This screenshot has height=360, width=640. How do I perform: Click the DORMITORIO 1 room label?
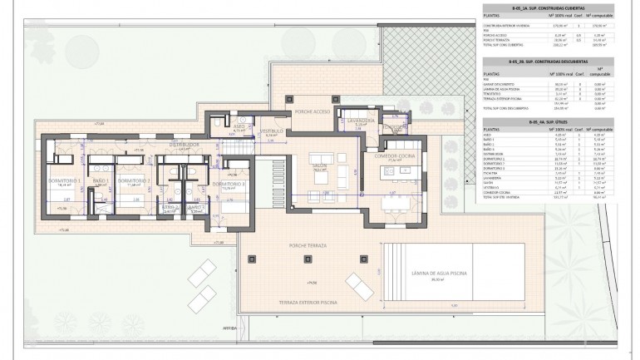coord(81,180)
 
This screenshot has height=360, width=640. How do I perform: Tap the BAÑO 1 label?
coord(102,180)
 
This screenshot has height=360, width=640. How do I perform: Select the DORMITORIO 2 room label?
coord(133,180)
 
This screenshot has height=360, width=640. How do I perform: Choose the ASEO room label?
coord(239,126)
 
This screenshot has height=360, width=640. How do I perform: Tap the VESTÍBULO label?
coord(272,131)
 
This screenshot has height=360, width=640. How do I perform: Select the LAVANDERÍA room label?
coord(362,121)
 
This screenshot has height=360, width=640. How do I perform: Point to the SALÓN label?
coord(319,165)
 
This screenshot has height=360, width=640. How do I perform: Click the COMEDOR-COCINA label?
coord(394,155)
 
